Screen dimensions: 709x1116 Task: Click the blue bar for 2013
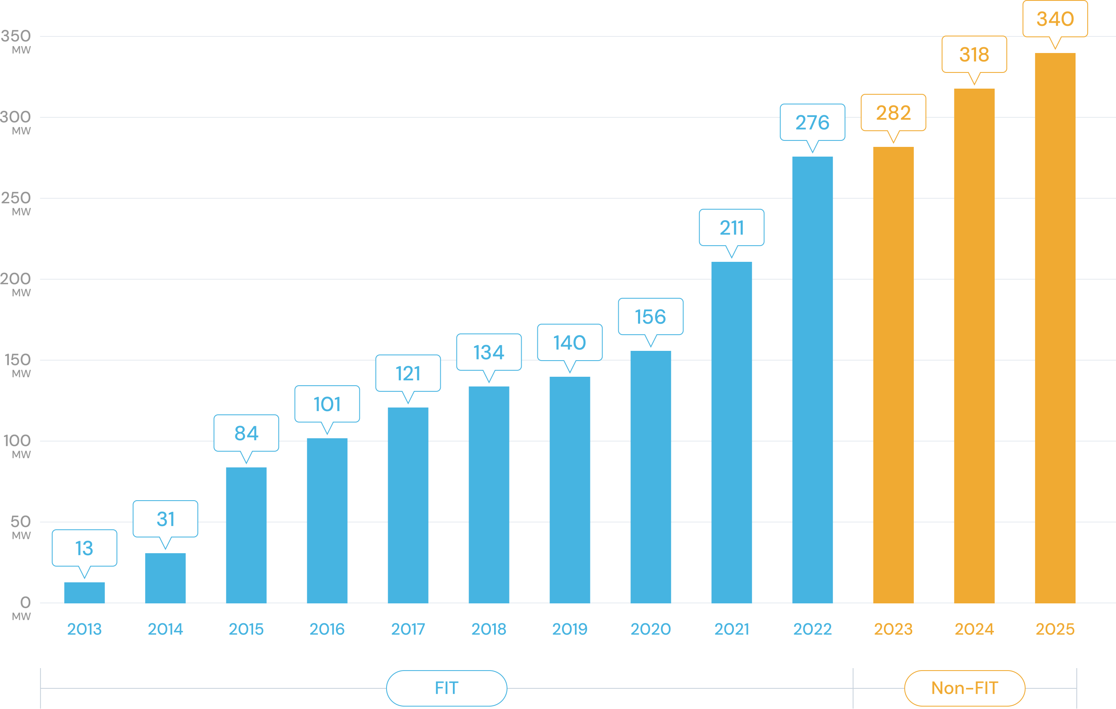(x=85, y=592)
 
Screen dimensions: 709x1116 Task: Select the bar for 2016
(x=327, y=520)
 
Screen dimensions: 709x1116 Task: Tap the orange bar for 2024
(x=974, y=346)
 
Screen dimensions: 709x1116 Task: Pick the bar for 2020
(x=650, y=477)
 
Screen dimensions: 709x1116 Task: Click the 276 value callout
(x=812, y=123)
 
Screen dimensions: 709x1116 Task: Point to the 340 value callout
(x=1055, y=19)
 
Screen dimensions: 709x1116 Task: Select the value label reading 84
(x=246, y=433)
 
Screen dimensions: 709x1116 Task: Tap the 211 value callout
(x=731, y=228)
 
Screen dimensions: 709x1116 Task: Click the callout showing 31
(x=165, y=519)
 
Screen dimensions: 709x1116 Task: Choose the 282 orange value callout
(x=893, y=113)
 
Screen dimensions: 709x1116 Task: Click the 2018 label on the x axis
(x=488, y=629)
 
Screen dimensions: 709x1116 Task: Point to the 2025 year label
(x=1055, y=629)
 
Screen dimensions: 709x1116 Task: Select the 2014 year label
(x=165, y=629)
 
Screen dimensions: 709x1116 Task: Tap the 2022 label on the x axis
(x=812, y=629)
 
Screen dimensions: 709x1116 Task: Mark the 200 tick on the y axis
(x=17, y=279)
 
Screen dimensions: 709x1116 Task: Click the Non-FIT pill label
(x=964, y=688)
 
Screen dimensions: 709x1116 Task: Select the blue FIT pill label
(x=446, y=688)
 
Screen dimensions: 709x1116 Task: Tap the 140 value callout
(x=570, y=343)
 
